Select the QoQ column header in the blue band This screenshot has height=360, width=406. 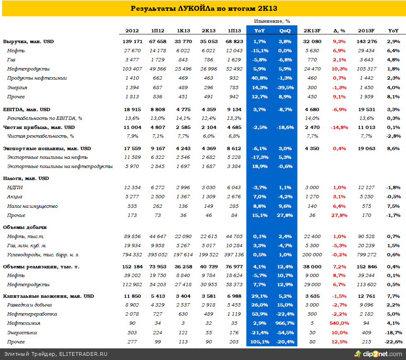tap(285, 31)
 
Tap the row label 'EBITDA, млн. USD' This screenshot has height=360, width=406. tap(27, 109)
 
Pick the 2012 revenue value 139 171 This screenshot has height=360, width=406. tap(132, 41)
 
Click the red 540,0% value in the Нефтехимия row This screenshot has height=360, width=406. tap(339, 323)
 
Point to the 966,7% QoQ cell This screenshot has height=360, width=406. tap(285, 323)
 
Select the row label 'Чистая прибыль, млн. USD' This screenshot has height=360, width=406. tap(39, 127)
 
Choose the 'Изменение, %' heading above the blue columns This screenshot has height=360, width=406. tap(272, 21)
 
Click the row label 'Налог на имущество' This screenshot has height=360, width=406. tap(32, 206)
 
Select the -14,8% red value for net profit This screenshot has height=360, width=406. tap(339, 127)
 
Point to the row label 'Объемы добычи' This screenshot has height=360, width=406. tap(25, 227)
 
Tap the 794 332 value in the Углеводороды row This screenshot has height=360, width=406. tap(132, 255)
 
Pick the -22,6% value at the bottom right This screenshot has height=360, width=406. tap(393, 342)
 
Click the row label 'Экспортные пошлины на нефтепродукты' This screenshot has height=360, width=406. tap(60, 166)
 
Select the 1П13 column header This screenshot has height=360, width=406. tap(235, 31)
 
